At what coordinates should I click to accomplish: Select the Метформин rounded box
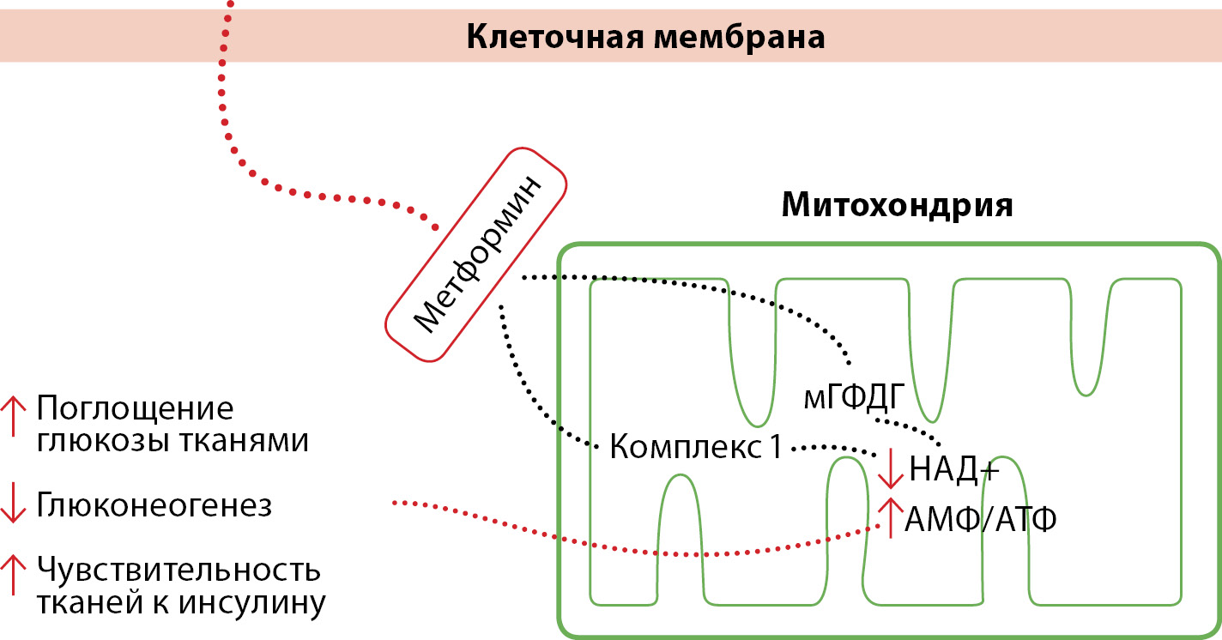475,254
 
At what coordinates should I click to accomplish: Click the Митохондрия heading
898,206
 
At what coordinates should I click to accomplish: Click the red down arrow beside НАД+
891,468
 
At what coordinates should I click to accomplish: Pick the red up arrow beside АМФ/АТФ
891,518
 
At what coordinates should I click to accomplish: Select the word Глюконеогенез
154,506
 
